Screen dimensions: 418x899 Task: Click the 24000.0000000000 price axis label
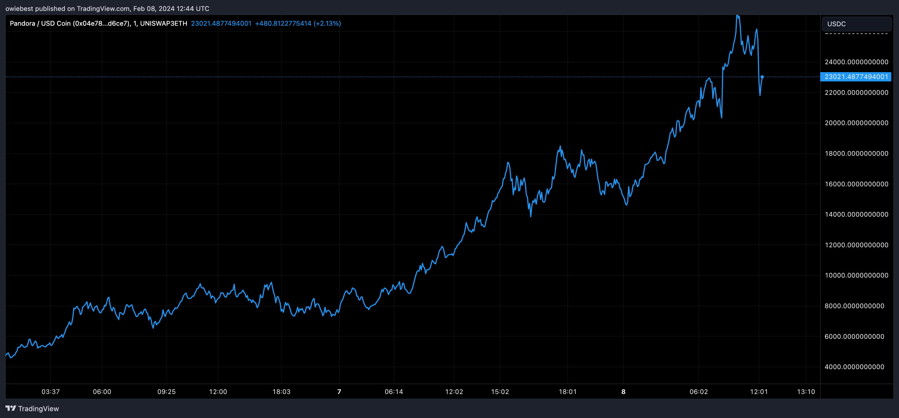(856, 62)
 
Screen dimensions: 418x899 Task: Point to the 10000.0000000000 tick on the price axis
(856, 275)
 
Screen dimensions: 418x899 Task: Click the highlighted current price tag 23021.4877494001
(856, 77)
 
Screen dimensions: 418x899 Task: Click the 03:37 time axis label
(51, 391)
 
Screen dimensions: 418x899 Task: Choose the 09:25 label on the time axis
(166, 391)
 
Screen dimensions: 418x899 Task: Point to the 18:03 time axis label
(281, 391)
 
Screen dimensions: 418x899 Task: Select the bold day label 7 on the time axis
(339, 391)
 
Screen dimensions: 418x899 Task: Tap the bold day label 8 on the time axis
(623, 391)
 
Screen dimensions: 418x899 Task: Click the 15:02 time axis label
(500, 391)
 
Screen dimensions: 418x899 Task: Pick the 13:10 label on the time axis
(806, 391)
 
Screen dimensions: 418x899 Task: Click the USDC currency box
(856, 24)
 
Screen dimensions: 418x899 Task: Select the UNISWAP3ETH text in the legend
(163, 23)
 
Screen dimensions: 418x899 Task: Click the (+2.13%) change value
(327, 23)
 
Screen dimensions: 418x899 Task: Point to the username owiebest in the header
(19, 8)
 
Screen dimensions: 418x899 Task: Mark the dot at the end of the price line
(762, 77)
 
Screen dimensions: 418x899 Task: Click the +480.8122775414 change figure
(283, 23)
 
